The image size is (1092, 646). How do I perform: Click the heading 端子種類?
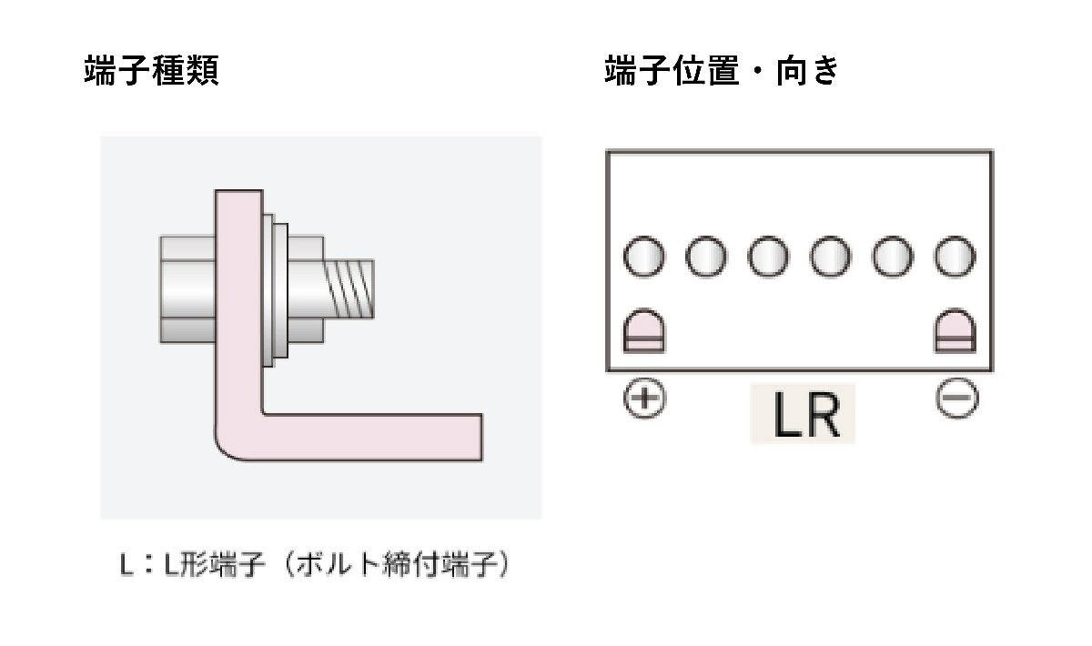point(151,71)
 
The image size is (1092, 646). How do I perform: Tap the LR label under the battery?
point(803,415)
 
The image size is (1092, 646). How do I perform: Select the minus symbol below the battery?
point(956,399)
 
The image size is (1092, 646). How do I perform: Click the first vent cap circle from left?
point(645,258)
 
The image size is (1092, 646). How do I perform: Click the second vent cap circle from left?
point(707,258)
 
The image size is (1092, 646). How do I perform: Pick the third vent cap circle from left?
point(769,258)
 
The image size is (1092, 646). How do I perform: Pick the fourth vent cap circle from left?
point(831,258)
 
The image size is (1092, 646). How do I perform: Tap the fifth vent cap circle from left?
point(893,258)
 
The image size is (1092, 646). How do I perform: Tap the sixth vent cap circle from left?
point(955,258)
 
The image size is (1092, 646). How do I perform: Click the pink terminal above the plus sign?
point(645,332)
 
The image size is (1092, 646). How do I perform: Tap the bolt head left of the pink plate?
point(187,288)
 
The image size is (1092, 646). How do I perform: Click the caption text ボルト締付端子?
point(396,564)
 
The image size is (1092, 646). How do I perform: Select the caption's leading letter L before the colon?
point(126,565)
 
